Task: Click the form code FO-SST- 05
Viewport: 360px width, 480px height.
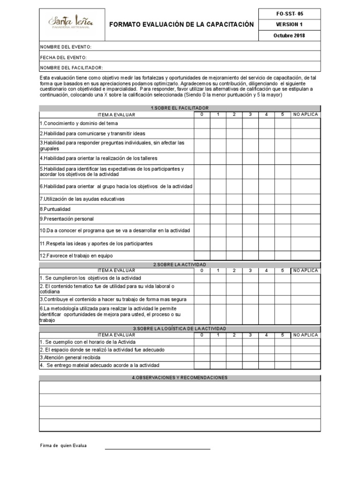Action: click(289, 14)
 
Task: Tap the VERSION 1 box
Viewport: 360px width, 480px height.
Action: click(289, 24)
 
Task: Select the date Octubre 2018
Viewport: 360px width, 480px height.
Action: click(289, 36)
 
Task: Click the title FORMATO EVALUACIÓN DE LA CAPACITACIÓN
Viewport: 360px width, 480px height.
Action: click(181, 24)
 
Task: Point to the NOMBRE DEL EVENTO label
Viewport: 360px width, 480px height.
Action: click(66, 47)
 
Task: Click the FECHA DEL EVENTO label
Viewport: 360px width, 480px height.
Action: click(64, 57)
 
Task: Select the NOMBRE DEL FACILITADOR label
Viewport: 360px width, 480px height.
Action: click(71, 67)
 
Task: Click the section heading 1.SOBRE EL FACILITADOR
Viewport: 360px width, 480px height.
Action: click(180, 108)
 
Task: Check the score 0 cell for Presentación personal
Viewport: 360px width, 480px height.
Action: click(202, 219)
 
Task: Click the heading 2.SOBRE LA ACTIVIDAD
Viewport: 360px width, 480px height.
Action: click(180, 265)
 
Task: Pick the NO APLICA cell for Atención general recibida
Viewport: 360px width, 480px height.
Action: click(305, 358)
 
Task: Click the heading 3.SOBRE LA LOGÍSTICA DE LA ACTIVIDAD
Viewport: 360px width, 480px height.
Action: click(180, 329)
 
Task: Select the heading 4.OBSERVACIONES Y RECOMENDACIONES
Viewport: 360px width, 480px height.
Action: click(180, 377)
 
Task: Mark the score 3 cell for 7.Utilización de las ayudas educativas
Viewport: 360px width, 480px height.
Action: click(250, 199)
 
